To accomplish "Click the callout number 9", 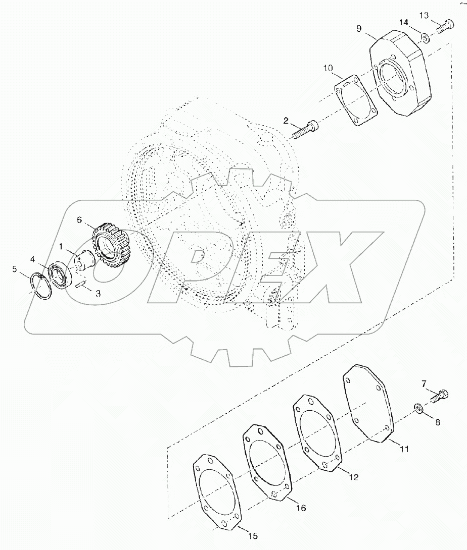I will pyautogui.click(x=358, y=29).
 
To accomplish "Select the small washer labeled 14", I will pyautogui.click(x=426, y=37).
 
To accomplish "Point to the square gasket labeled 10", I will pyautogui.click(x=357, y=101).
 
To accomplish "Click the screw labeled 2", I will pyautogui.click(x=305, y=129).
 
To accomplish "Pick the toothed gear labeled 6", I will pyautogui.click(x=111, y=247).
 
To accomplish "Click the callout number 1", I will pyautogui.click(x=61, y=247).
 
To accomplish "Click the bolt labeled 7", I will pyautogui.click(x=439, y=396).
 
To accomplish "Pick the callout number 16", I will pyautogui.click(x=301, y=509).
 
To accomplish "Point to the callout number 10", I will pyautogui.click(x=328, y=68).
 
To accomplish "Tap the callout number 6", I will pyautogui.click(x=79, y=219).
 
